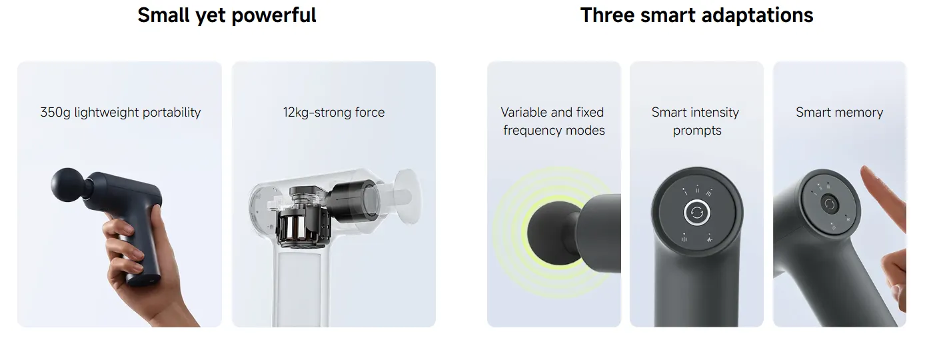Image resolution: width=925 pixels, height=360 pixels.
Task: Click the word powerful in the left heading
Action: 274,16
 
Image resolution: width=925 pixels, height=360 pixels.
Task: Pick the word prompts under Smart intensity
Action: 697,131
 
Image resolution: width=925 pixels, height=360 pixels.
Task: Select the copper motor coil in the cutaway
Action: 294,229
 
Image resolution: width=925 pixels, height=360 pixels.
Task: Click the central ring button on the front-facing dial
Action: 696,213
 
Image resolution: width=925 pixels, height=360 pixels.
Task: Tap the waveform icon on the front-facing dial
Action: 710,239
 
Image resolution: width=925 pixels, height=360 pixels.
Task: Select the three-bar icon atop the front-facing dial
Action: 709,193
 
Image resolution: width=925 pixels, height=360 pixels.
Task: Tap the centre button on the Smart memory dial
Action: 829,204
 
